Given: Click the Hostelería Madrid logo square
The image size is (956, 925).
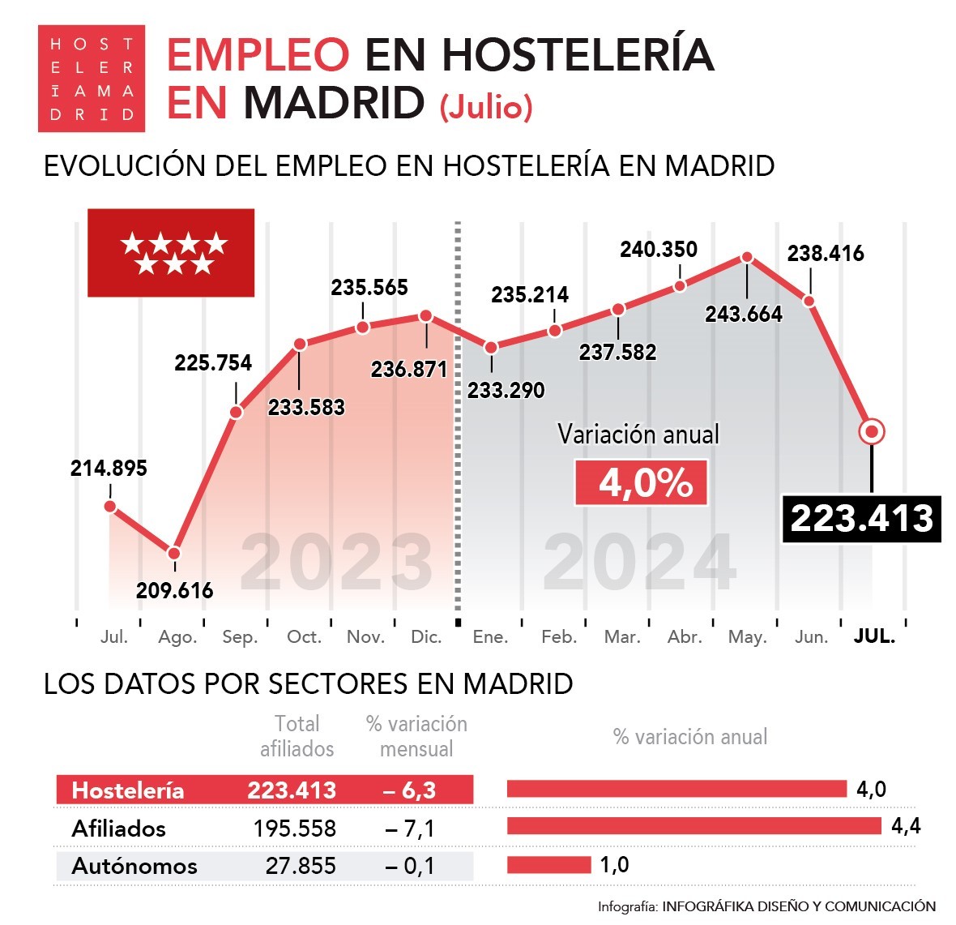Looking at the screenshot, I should click(x=91, y=79).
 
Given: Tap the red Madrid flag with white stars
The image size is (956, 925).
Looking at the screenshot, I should click(x=171, y=253).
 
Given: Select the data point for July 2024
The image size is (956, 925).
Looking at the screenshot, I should click(x=872, y=431).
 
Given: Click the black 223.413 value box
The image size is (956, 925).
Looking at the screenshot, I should click(x=861, y=519).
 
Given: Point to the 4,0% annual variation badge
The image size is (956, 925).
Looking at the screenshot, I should click(x=641, y=483).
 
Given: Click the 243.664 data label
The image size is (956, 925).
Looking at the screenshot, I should click(x=743, y=315).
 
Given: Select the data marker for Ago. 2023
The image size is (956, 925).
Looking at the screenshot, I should click(x=173, y=554).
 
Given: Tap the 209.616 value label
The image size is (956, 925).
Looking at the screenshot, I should click(x=174, y=590).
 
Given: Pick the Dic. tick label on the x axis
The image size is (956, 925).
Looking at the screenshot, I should click(x=426, y=637).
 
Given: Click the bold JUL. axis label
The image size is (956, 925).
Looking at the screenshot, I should click(x=874, y=636).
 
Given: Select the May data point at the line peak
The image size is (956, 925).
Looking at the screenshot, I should click(x=747, y=258).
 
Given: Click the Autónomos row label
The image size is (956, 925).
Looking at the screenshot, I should click(x=134, y=866).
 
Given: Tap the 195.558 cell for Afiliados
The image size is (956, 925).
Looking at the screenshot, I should click(x=294, y=829).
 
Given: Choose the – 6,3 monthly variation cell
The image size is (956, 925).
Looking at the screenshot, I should click(x=409, y=790).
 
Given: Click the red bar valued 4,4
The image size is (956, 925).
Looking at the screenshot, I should click(x=694, y=826).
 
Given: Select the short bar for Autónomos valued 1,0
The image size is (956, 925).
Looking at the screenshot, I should click(x=548, y=865).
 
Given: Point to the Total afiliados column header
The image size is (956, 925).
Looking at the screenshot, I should click(x=297, y=736).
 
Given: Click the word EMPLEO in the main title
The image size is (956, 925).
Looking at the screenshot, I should click(x=258, y=55).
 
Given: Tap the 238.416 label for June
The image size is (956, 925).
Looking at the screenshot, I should click(x=825, y=254).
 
